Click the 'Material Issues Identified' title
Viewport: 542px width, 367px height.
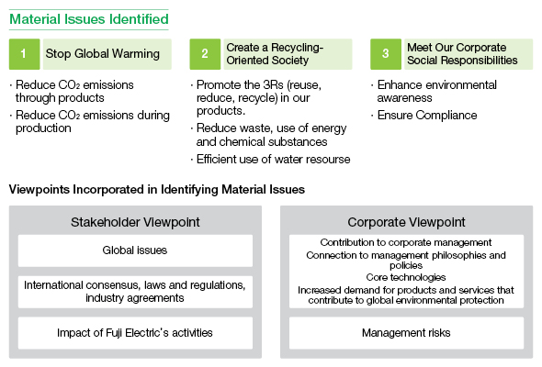click(x=89, y=19)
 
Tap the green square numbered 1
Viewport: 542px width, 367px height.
click(x=25, y=54)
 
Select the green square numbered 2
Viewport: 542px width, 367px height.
click(x=205, y=54)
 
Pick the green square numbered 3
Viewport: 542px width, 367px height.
click(x=386, y=54)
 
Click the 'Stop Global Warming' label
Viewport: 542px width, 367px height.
click(x=103, y=54)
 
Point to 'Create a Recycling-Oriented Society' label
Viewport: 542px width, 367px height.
click(x=275, y=54)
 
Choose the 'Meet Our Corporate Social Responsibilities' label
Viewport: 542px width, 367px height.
click(x=462, y=54)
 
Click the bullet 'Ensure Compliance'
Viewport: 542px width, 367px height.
click(x=424, y=115)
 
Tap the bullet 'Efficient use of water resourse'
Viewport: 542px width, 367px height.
click(x=270, y=159)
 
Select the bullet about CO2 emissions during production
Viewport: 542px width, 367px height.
click(x=89, y=121)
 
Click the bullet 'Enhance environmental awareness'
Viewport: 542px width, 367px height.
click(x=434, y=91)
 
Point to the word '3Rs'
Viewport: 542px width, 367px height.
click(x=273, y=84)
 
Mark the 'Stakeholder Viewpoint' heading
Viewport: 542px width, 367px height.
click(x=135, y=222)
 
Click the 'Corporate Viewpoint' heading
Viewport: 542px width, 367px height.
click(x=406, y=222)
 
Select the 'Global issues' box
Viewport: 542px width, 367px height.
click(x=135, y=250)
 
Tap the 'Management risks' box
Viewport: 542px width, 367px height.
click(x=406, y=333)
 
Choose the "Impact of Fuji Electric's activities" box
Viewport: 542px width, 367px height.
click(x=135, y=333)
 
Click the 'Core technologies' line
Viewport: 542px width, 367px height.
click(x=406, y=277)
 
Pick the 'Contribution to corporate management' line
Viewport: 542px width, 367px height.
click(x=406, y=242)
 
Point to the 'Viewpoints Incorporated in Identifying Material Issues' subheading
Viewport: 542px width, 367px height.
click(x=157, y=190)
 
